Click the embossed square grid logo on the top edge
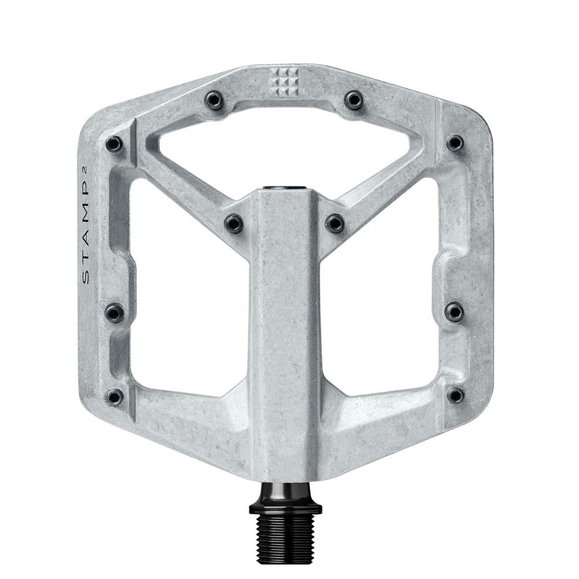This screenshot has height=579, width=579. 284,82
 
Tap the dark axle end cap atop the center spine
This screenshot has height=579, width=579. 285,189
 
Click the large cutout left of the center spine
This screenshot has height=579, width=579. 188,289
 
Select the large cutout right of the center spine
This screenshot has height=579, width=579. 382,289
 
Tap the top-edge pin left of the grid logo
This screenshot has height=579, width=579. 215,101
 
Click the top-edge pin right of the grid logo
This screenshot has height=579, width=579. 354,100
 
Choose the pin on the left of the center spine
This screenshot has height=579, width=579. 234,223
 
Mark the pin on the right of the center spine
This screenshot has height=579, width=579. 335,223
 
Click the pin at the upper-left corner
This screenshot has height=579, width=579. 114,144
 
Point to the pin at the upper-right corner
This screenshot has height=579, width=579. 455,142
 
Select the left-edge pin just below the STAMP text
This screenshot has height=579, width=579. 115,313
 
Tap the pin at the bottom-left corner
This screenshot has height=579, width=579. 115,397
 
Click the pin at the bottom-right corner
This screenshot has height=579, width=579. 456,395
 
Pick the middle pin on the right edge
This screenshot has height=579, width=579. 455,312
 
